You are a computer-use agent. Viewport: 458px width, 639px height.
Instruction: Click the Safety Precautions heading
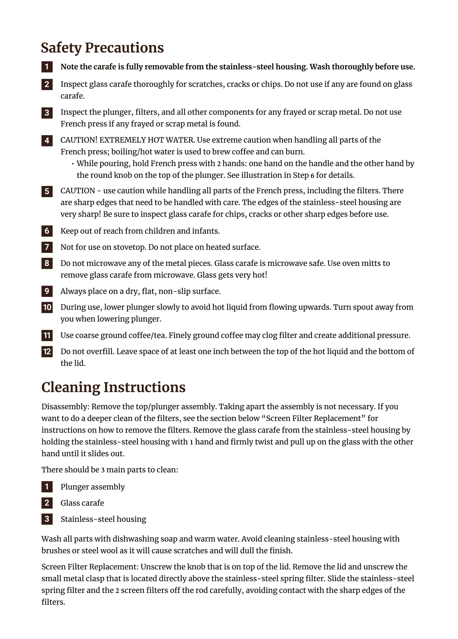pos(102,48)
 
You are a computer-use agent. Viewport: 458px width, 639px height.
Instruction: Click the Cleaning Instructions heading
pos(113,387)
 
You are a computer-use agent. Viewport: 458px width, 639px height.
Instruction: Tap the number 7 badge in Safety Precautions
pos(47,247)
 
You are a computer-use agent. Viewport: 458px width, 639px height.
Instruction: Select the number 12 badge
pos(47,351)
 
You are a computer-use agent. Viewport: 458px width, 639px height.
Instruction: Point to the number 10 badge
pos(47,307)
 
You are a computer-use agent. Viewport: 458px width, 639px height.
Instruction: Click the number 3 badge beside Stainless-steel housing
pos(47,519)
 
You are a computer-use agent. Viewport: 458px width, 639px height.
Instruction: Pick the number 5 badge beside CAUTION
pos(47,191)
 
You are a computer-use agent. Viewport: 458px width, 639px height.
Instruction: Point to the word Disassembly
pos(65,407)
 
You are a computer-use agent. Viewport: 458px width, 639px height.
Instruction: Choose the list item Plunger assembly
pos(92,487)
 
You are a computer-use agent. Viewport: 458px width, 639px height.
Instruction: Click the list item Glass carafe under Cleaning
pos(82,503)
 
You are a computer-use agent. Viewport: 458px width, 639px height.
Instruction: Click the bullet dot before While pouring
pos(73,164)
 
